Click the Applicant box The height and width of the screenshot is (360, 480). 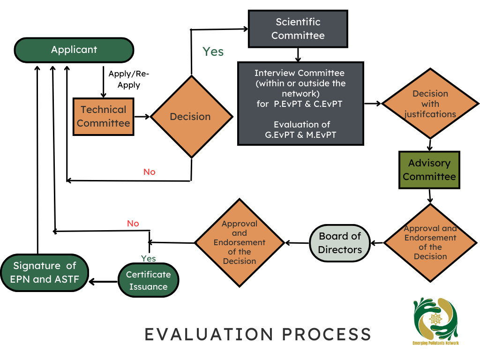tap(74, 50)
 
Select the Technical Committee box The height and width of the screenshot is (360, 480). tap(104, 117)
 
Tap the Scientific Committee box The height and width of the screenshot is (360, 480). tap(298, 29)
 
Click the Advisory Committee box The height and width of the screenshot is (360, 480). tap(429, 170)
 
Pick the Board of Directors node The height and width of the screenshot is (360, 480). tap(340, 243)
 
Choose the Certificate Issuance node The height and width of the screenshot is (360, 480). tap(149, 280)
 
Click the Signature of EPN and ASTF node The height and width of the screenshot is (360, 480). tap(45, 272)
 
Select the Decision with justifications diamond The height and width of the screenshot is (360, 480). tap(430, 104)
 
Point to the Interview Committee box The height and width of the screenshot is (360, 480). tap(300, 104)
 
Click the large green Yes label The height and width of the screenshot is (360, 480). tap(213, 52)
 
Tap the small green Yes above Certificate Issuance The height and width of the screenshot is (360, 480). tap(149, 259)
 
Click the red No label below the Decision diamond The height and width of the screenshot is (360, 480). tap(150, 172)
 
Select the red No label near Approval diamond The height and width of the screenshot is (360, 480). tap(133, 224)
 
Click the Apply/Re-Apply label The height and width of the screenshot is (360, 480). tap(129, 79)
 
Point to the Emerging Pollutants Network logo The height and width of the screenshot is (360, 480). tap(435, 321)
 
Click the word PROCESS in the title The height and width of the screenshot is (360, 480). tap(327, 334)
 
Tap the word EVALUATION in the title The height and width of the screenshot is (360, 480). tap(209, 334)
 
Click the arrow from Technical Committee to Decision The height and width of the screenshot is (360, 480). tap(142, 117)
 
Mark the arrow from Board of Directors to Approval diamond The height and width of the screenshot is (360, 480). tap(297, 243)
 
